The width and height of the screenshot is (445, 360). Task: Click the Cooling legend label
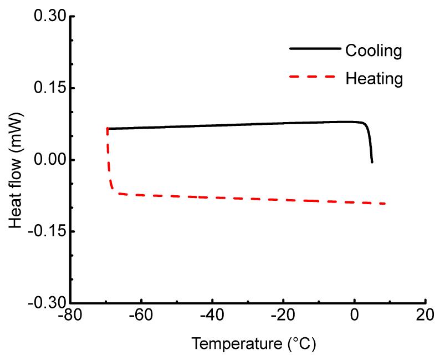point(373,51)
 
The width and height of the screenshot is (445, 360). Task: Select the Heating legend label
point(374,79)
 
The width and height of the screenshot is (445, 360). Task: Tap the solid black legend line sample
point(314,49)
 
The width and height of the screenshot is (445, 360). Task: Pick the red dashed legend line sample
point(314,77)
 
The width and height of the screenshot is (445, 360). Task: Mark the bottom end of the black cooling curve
point(372,162)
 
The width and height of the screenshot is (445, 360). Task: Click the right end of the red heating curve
point(385,204)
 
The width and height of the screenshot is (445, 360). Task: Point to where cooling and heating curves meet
point(108,129)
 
